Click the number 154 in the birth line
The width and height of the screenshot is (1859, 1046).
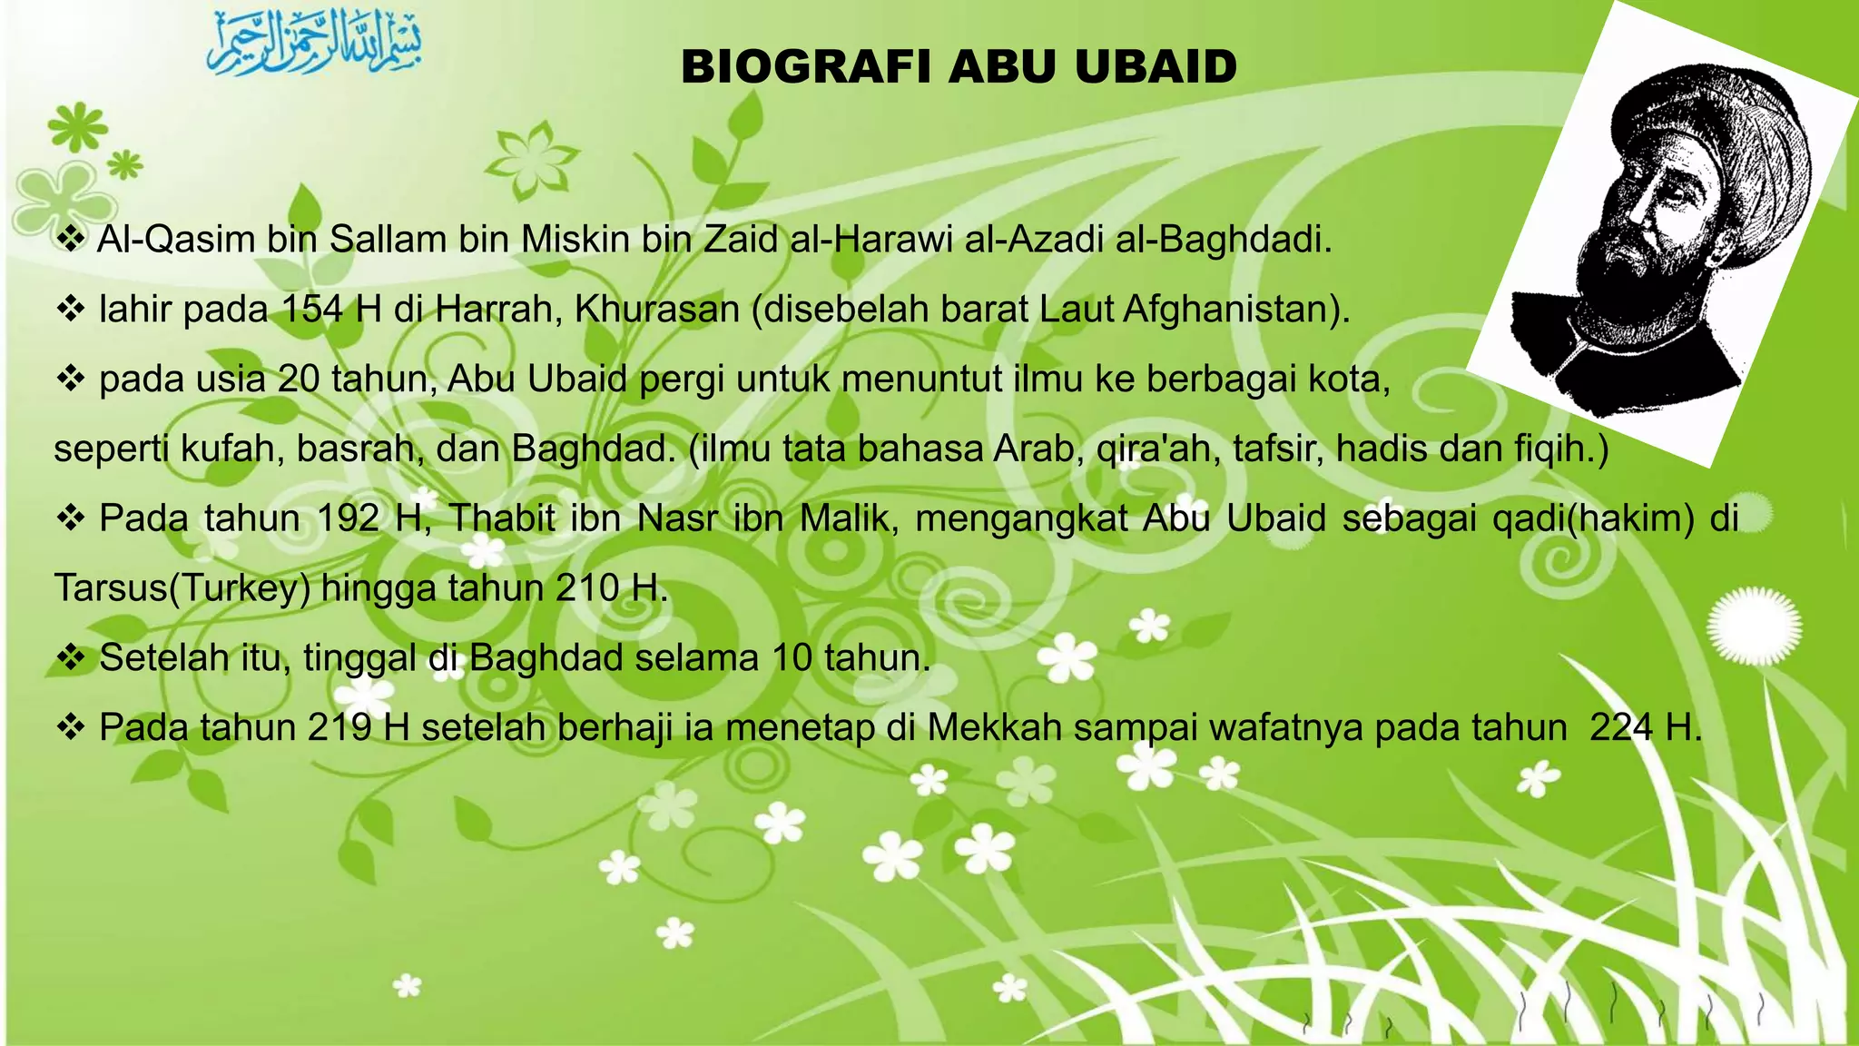tap(312, 310)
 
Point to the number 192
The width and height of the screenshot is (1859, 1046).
tap(348, 518)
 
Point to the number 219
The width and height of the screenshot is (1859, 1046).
tap(339, 728)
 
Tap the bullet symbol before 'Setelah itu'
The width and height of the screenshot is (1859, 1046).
tap(70, 657)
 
